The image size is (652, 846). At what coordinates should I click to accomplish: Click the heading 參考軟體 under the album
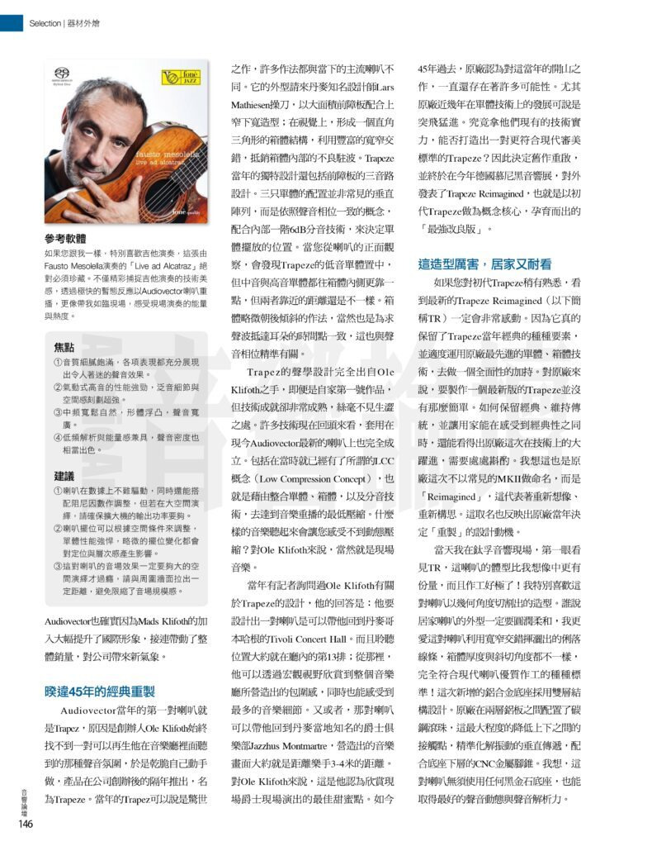point(66,239)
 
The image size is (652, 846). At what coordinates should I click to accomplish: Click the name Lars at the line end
point(383,88)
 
